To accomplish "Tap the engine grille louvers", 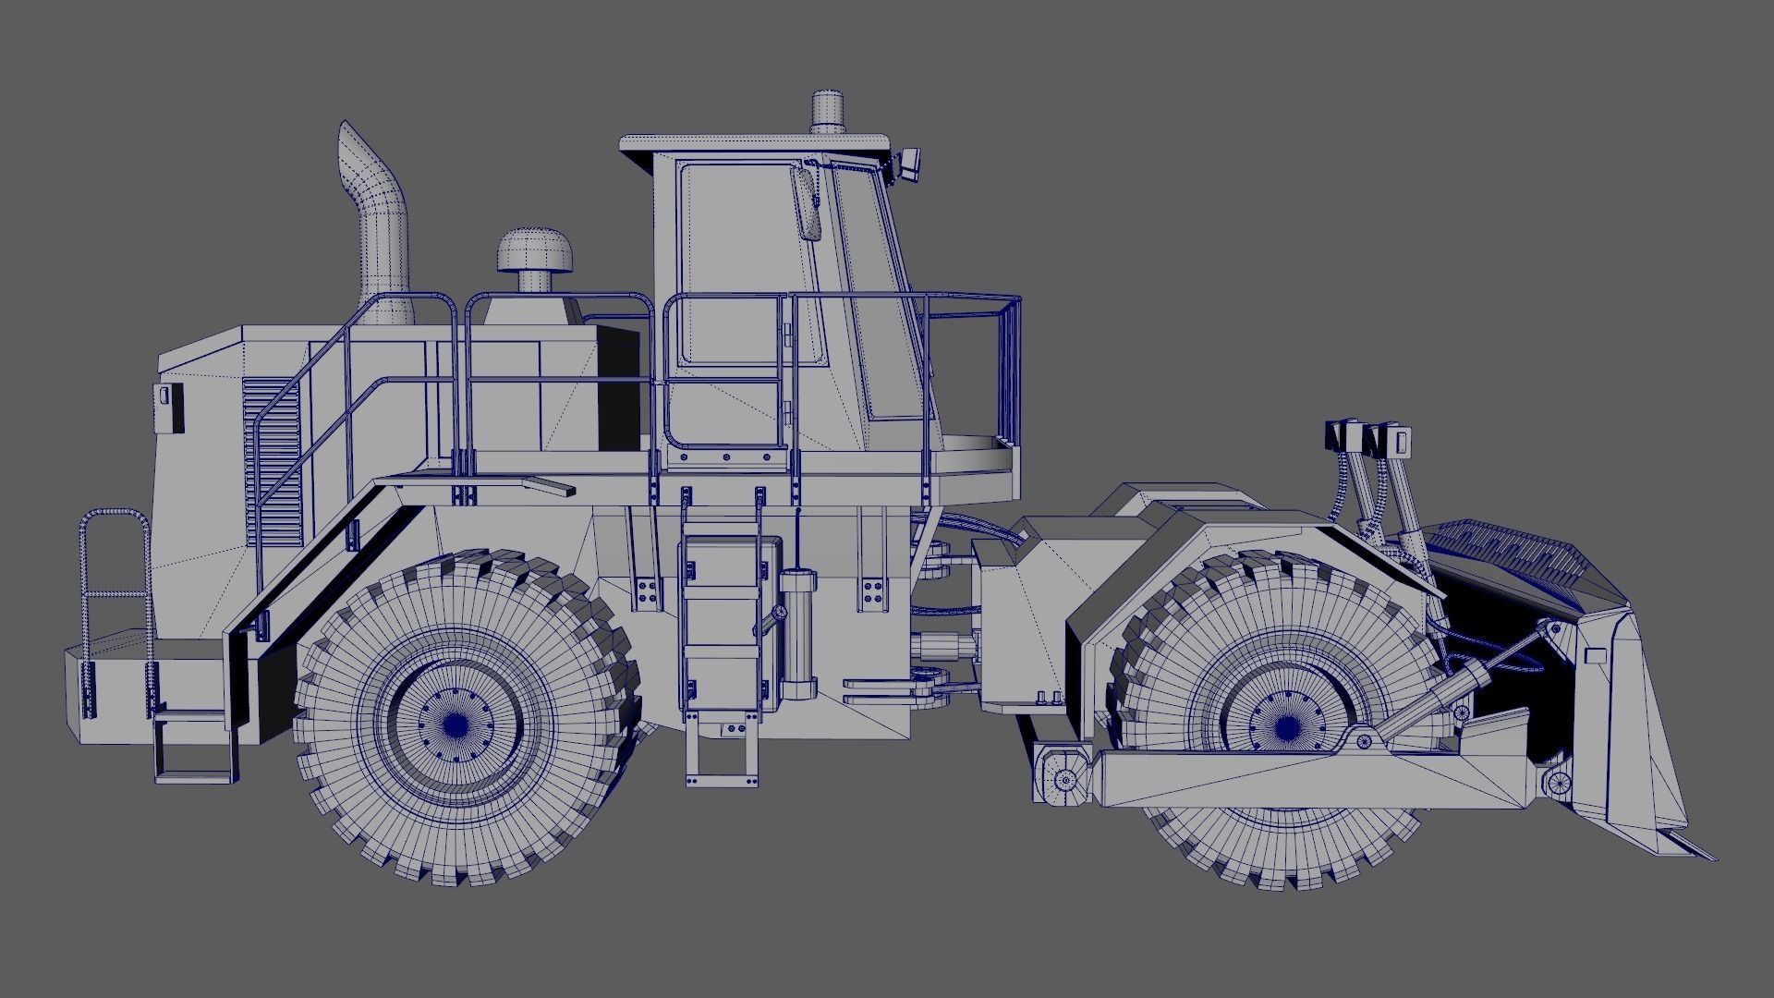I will [273, 462].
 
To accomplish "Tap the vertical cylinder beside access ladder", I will [797, 638].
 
